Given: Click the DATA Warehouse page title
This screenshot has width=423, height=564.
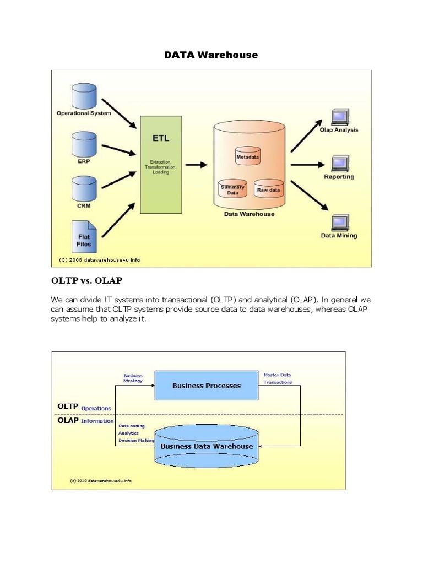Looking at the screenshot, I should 211,55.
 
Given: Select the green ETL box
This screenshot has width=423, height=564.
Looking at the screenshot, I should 161,164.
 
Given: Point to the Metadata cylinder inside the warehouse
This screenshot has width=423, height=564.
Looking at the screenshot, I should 247,156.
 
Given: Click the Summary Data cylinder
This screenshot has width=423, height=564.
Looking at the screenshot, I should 232,189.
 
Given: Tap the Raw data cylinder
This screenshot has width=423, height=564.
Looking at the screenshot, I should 268,189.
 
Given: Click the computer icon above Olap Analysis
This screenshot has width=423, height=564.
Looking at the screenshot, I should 338,117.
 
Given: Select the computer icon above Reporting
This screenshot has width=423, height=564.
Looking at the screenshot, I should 338,164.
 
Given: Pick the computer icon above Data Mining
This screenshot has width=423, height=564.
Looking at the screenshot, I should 338,223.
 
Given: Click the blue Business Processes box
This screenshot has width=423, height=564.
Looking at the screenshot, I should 206,386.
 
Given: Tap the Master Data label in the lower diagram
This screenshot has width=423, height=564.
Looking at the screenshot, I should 278,375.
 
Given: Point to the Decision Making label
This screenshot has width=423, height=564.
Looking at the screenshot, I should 136,441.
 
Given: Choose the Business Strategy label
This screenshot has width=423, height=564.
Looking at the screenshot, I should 133,378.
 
